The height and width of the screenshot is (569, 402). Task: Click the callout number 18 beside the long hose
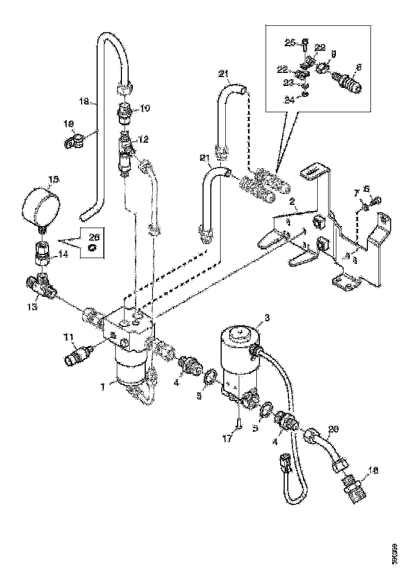[84, 102]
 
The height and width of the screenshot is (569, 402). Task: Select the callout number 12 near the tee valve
[143, 140]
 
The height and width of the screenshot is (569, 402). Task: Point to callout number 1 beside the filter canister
[104, 386]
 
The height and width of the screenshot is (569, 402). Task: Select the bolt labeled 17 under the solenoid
[237, 426]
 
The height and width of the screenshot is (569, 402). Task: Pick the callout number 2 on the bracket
[292, 200]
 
